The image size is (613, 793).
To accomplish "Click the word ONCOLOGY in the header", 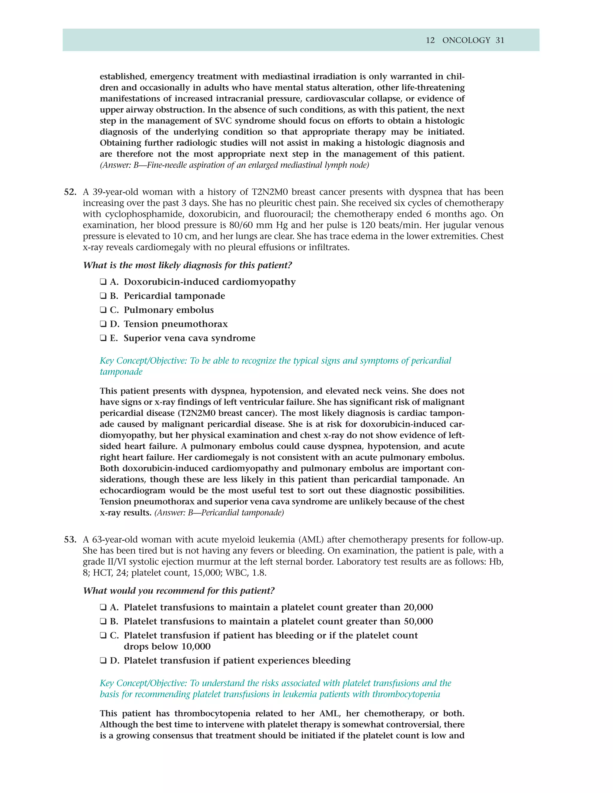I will pyautogui.click(x=466, y=40).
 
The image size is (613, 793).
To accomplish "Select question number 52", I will pyautogui.click(x=70, y=192).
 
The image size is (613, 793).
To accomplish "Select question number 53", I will pyautogui.click(x=70, y=540).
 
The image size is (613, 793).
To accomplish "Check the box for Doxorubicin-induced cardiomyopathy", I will pyautogui.click(x=103, y=282).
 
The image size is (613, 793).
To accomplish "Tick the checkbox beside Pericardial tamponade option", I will pyautogui.click(x=103, y=296).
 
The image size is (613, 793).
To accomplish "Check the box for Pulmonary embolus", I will pyautogui.click(x=103, y=310).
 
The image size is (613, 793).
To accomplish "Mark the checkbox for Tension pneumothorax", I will pyautogui.click(x=103, y=324).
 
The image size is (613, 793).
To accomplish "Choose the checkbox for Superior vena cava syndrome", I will pyautogui.click(x=103, y=338).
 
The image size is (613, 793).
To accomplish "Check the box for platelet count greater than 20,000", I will pyautogui.click(x=103, y=607).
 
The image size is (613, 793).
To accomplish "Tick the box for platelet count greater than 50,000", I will pyautogui.click(x=103, y=621).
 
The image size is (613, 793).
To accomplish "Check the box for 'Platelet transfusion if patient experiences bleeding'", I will pyautogui.click(x=103, y=660).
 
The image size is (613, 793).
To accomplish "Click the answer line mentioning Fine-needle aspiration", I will pyautogui.click(x=234, y=165).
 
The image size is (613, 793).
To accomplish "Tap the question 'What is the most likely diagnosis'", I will pyautogui.click(x=187, y=265).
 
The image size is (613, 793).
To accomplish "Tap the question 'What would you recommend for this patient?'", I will pyautogui.click(x=179, y=591).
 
